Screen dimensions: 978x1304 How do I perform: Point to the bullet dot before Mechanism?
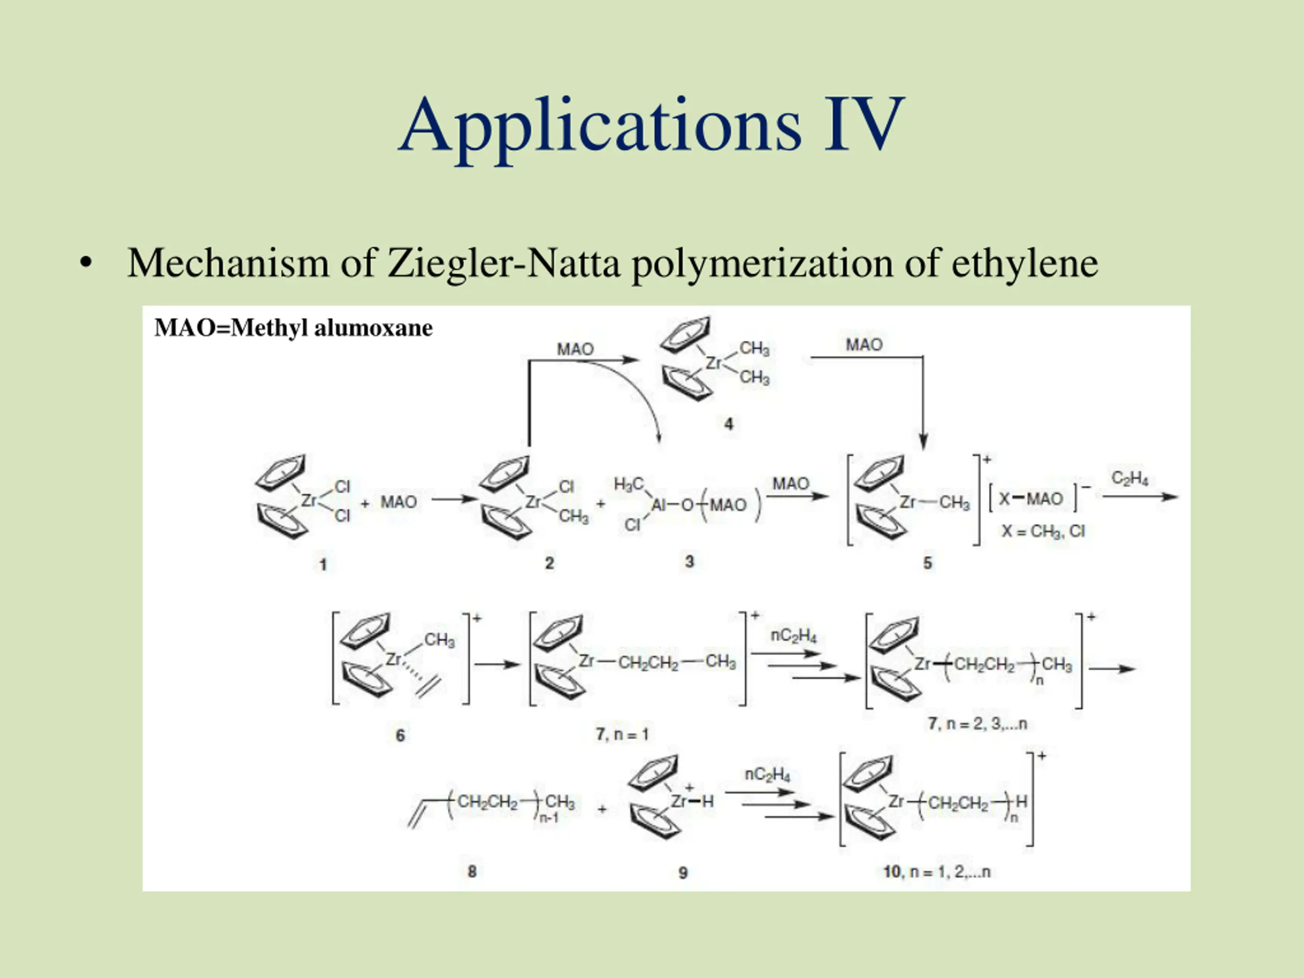pos(86,263)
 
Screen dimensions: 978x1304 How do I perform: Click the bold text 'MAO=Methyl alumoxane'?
pos(293,328)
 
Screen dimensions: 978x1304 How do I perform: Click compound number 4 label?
pos(728,424)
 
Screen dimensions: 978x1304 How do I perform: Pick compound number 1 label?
pos(322,564)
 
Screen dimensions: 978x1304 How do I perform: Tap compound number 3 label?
pos(689,562)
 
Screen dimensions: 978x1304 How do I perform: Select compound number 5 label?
pos(927,563)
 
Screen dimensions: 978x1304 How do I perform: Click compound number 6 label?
pos(400,735)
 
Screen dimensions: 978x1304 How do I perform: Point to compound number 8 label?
pos(472,872)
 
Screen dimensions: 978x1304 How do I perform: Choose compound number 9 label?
pos(683,873)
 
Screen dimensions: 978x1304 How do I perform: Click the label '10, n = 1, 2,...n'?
pos(937,872)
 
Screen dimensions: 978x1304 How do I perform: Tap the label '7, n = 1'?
pos(622,734)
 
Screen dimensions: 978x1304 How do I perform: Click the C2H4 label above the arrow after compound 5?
pos(1129,478)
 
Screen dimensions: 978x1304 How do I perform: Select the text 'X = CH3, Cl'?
pos(1043,531)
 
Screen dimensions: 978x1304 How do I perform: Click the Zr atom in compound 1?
pos(309,501)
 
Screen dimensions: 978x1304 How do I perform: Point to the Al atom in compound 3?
pos(659,505)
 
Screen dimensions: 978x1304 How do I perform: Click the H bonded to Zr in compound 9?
pos(708,801)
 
